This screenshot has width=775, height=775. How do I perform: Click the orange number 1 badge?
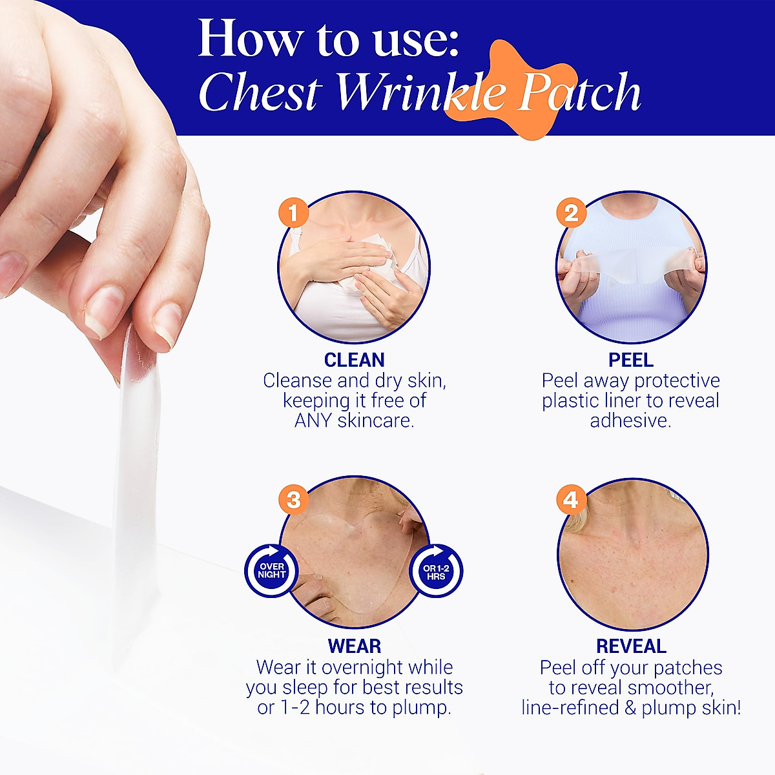(x=293, y=213)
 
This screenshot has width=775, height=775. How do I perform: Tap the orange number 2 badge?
(x=571, y=213)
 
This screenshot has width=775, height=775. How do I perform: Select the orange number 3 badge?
(x=293, y=500)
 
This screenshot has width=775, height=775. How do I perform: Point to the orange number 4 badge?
(x=571, y=500)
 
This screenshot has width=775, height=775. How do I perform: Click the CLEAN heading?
(x=354, y=360)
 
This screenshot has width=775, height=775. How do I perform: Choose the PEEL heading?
(x=630, y=360)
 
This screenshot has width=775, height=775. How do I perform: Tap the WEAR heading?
(x=354, y=646)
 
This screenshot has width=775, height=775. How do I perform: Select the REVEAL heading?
(x=630, y=646)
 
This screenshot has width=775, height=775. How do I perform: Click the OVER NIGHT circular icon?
(x=271, y=571)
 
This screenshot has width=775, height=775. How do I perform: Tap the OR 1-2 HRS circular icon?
(x=436, y=571)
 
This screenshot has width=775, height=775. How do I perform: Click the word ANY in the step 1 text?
(x=315, y=420)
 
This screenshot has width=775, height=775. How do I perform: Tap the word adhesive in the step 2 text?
(x=630, y=420)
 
